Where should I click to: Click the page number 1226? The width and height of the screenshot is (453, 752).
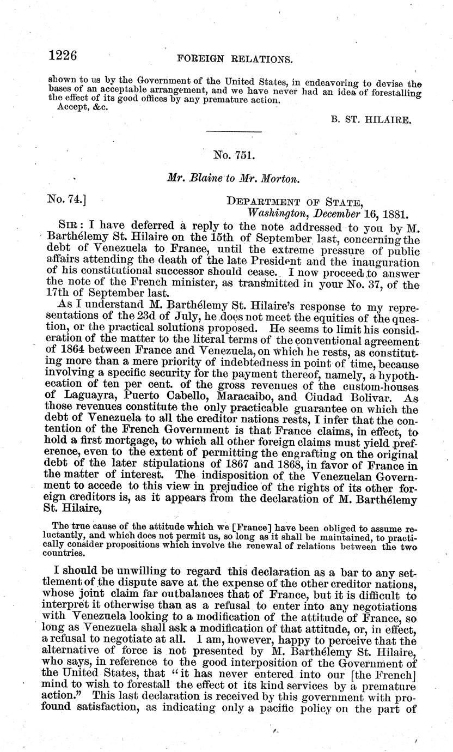coord(63,56)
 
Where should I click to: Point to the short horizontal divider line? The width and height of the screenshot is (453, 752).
coord(235,132)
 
